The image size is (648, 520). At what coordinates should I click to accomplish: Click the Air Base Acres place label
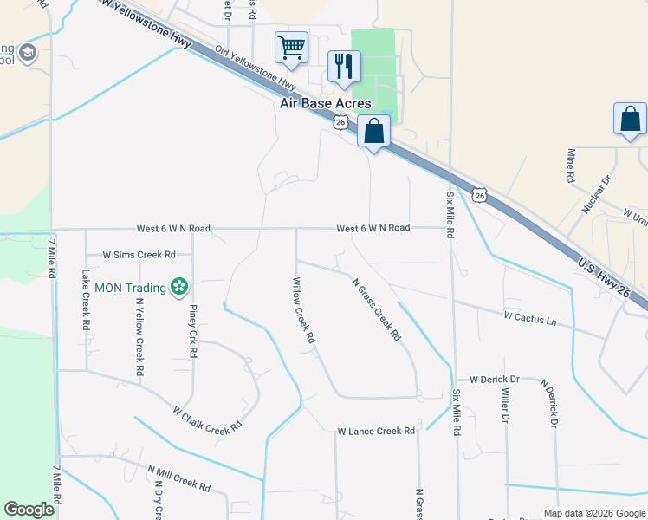pos(325,103)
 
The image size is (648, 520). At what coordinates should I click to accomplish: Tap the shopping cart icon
pos(291,47)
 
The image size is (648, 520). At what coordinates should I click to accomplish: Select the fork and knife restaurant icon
pos(344,66)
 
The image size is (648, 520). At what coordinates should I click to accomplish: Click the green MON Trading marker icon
pos(179,286)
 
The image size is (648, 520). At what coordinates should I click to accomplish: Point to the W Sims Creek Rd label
pos(139,255)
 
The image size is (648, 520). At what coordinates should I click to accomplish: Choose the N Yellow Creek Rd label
pos(139,338)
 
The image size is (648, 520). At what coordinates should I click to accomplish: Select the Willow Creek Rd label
pos(302,310)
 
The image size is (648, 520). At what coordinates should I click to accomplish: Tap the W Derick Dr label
pos(494,380)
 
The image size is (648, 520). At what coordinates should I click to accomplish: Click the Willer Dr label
pos(505,405)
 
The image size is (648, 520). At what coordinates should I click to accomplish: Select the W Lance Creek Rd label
pos(377,431)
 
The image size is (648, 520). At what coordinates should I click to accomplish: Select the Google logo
pos(29,510)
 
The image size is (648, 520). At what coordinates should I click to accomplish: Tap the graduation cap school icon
pos(27,54)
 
